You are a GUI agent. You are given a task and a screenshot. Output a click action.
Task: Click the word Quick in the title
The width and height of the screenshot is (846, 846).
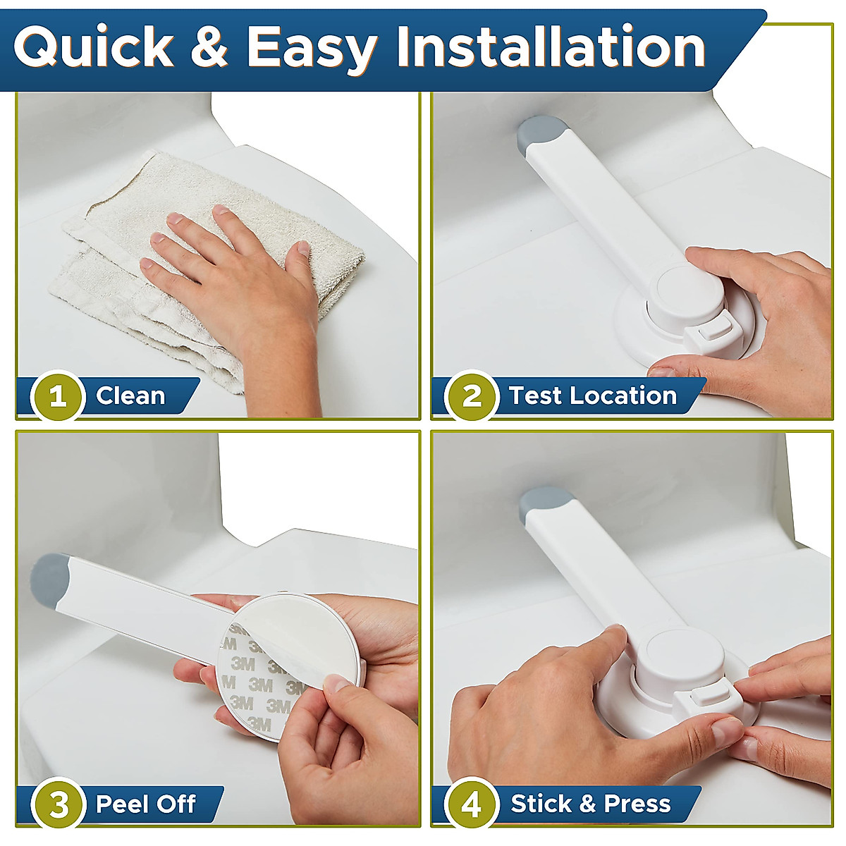(x=93, y=48)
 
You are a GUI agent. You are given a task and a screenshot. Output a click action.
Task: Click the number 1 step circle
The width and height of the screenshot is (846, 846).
(x=58, y=396)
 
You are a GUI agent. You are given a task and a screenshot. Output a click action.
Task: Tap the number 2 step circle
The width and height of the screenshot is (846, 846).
(x=471, y=396)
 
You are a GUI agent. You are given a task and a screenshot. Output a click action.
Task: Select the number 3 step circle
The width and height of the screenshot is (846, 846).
(x=58, y=804)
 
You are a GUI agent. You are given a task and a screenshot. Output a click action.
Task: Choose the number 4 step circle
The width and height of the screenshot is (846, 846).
(x=471, y=804)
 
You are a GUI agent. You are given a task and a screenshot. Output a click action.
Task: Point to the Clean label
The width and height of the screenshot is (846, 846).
(x=130, y=396)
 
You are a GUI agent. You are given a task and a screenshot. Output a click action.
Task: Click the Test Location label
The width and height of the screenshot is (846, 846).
(x=592, y=396)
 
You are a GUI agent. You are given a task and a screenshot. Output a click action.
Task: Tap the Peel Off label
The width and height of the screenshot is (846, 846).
(x=145, y=804)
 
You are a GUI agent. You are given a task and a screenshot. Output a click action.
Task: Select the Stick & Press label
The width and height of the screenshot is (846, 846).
(x=590, y=804)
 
